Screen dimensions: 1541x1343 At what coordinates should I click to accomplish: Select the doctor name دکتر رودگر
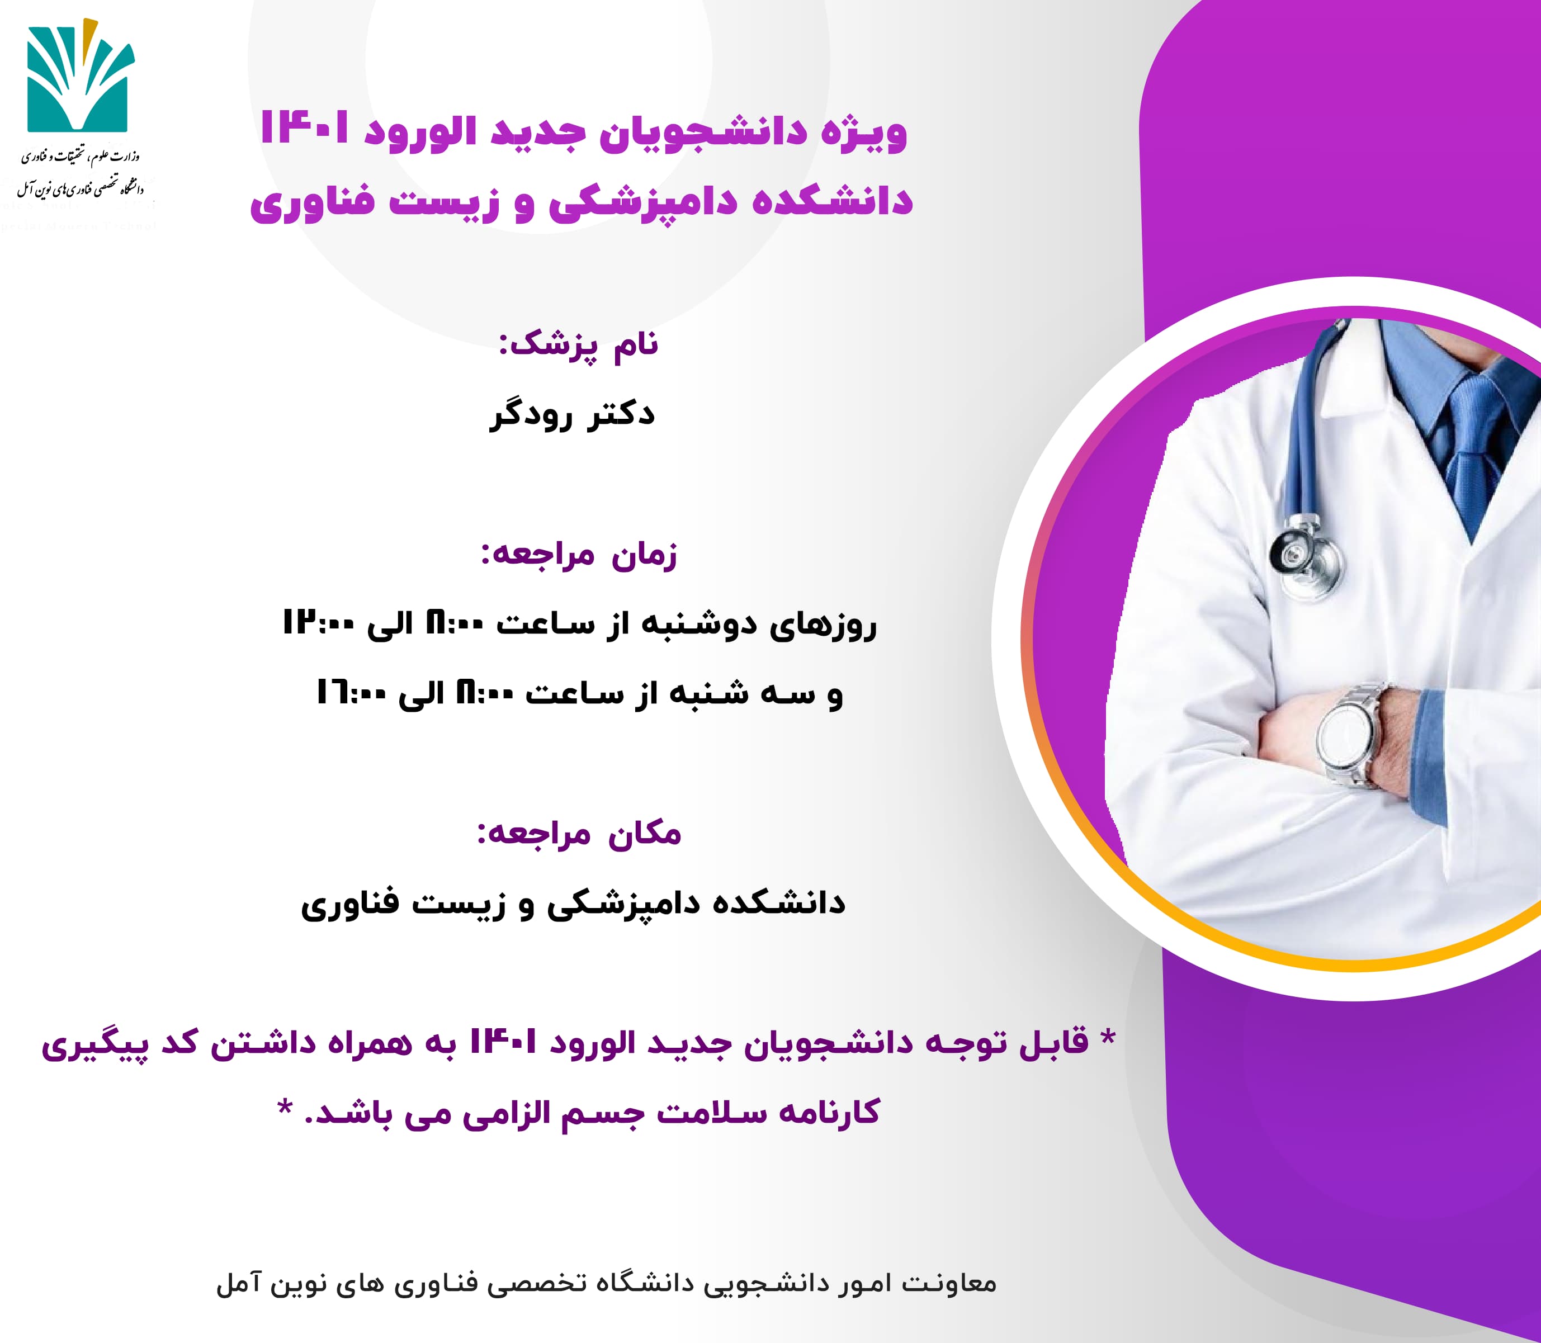(x=573, y=414)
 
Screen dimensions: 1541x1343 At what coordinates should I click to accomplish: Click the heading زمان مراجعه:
(x=579, y=555)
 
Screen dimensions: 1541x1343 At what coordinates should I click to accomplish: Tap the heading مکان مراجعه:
(x=579, y=834)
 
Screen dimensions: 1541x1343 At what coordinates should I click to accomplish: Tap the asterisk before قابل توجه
(x=1107, y=1037)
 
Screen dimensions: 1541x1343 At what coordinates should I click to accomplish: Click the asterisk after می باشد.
(x=285, y=1107)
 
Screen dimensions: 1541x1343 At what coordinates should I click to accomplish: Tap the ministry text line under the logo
(x=80, y=156)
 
